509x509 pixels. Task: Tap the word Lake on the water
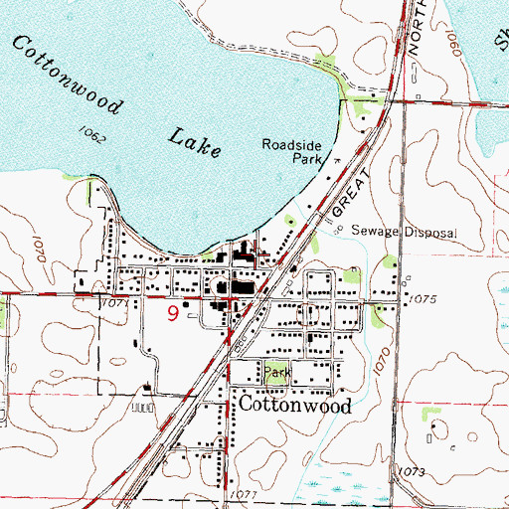[x=194, y=138]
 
